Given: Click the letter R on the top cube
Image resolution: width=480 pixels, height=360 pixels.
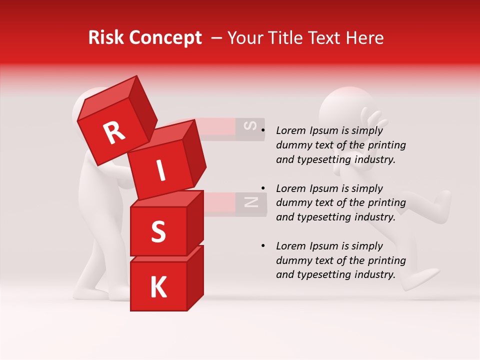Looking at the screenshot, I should tap(114, 133).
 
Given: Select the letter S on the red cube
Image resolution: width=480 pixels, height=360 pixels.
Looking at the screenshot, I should tap(158, 232).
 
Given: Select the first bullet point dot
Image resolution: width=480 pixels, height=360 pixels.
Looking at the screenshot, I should tap(262, 131).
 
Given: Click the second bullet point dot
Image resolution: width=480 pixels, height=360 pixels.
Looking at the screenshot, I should tap(262, 188).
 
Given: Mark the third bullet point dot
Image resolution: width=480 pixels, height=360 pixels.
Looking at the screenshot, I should tap(262, 246).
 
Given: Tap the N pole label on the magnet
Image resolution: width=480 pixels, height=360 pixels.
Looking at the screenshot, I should tap(250, 202).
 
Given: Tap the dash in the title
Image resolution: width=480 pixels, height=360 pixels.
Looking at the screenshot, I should tap(217, 38).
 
